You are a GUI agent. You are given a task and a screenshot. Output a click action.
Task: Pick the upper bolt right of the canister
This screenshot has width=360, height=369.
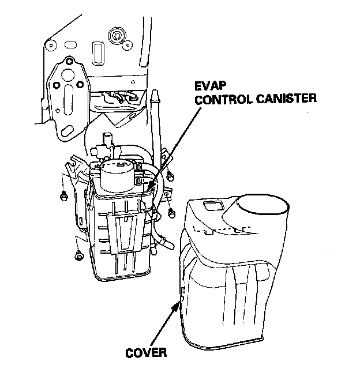click(x=171, y=174)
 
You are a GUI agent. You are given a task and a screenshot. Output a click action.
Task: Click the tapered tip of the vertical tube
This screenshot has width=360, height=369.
click(x=155, y=95)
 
